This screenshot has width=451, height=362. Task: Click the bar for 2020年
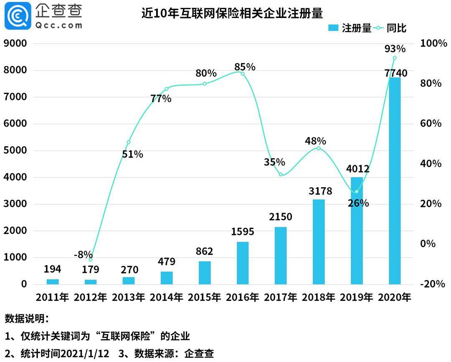coord(395,181)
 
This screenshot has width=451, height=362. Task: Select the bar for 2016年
coord(243,263)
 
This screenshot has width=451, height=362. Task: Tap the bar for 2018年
coord(319,242)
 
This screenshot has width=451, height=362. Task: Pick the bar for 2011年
coord(53,281)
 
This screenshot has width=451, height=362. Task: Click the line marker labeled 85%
coord(242,74)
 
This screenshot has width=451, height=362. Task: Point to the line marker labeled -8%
coord(91,260)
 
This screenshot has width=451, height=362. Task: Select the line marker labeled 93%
coord(395,58)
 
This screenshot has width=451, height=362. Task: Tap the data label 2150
coord(280,217)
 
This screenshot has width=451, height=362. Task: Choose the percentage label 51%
coord(132,154)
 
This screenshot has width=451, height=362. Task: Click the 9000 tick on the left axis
coord(15,43)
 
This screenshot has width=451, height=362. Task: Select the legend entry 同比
coord(390,28)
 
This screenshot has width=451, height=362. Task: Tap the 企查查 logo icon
coord(18,15)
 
